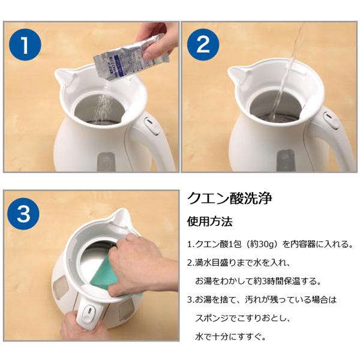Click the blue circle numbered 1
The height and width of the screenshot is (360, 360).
[25, 44]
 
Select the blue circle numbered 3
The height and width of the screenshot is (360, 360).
[23, 214]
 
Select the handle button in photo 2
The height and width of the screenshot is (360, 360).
[331, 121]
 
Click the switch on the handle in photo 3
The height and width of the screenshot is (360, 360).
[89, 312]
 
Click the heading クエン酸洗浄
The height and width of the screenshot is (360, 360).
[230, 199]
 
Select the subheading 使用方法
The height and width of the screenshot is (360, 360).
[210, 221]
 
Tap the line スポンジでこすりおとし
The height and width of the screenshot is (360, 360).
[242, 319]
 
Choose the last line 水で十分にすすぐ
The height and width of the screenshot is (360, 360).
[230, 337]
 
